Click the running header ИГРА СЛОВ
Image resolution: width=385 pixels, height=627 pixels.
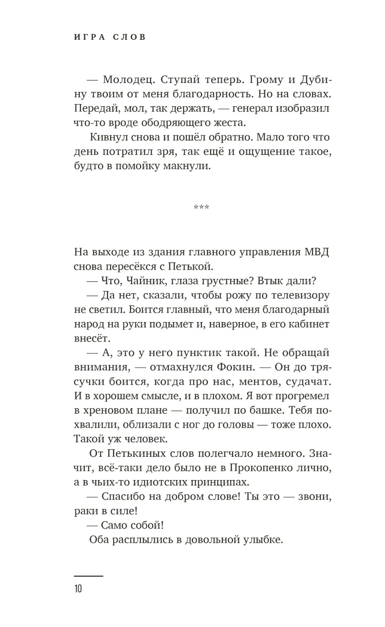click(x=110, y=38)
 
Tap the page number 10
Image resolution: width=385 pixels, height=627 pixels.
click(x=78, y=589)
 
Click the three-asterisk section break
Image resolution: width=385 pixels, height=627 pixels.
click(x=201, y=208)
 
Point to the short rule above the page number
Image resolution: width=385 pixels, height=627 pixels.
click(x=89, y=576)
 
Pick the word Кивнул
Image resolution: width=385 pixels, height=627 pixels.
click(x=108, y=137)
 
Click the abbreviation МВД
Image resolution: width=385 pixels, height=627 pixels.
click(x=316, y=252)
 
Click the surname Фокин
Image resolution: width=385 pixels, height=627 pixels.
click(x=236, y=367)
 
